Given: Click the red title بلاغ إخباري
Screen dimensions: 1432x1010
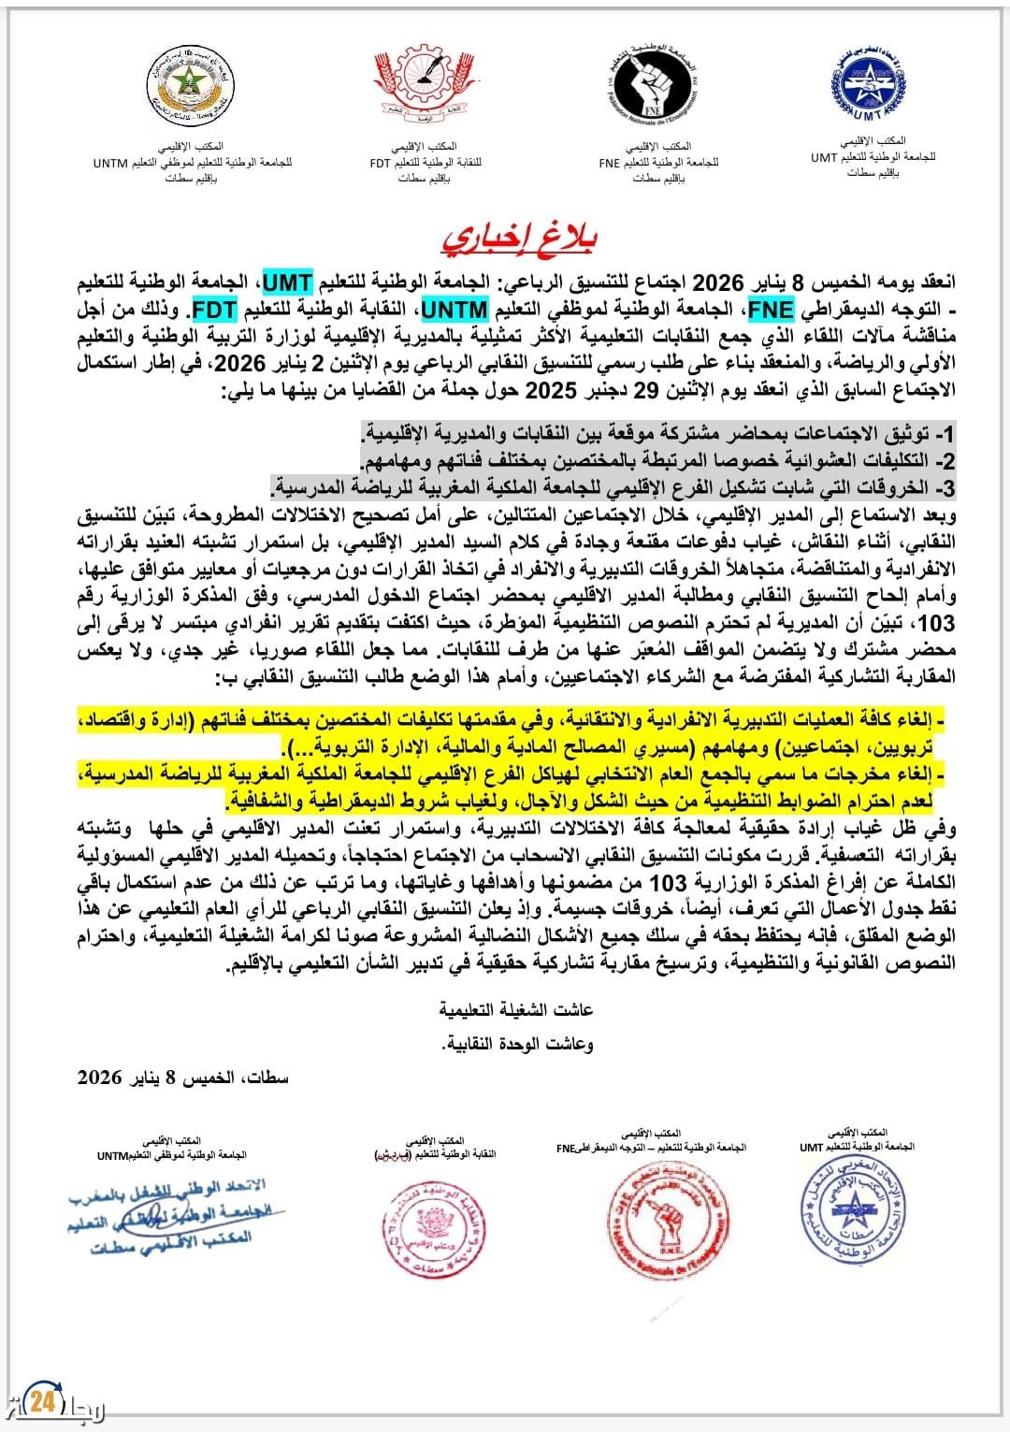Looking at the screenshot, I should pos(519,238).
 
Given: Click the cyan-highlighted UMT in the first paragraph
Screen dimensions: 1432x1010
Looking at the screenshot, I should pos(287,282).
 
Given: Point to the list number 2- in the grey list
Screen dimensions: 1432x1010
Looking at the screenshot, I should pos(946,461).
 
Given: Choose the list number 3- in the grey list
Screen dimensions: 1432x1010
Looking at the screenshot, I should pos(946,487).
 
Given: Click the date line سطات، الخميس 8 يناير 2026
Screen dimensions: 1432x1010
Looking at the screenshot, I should pos(183,1078).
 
